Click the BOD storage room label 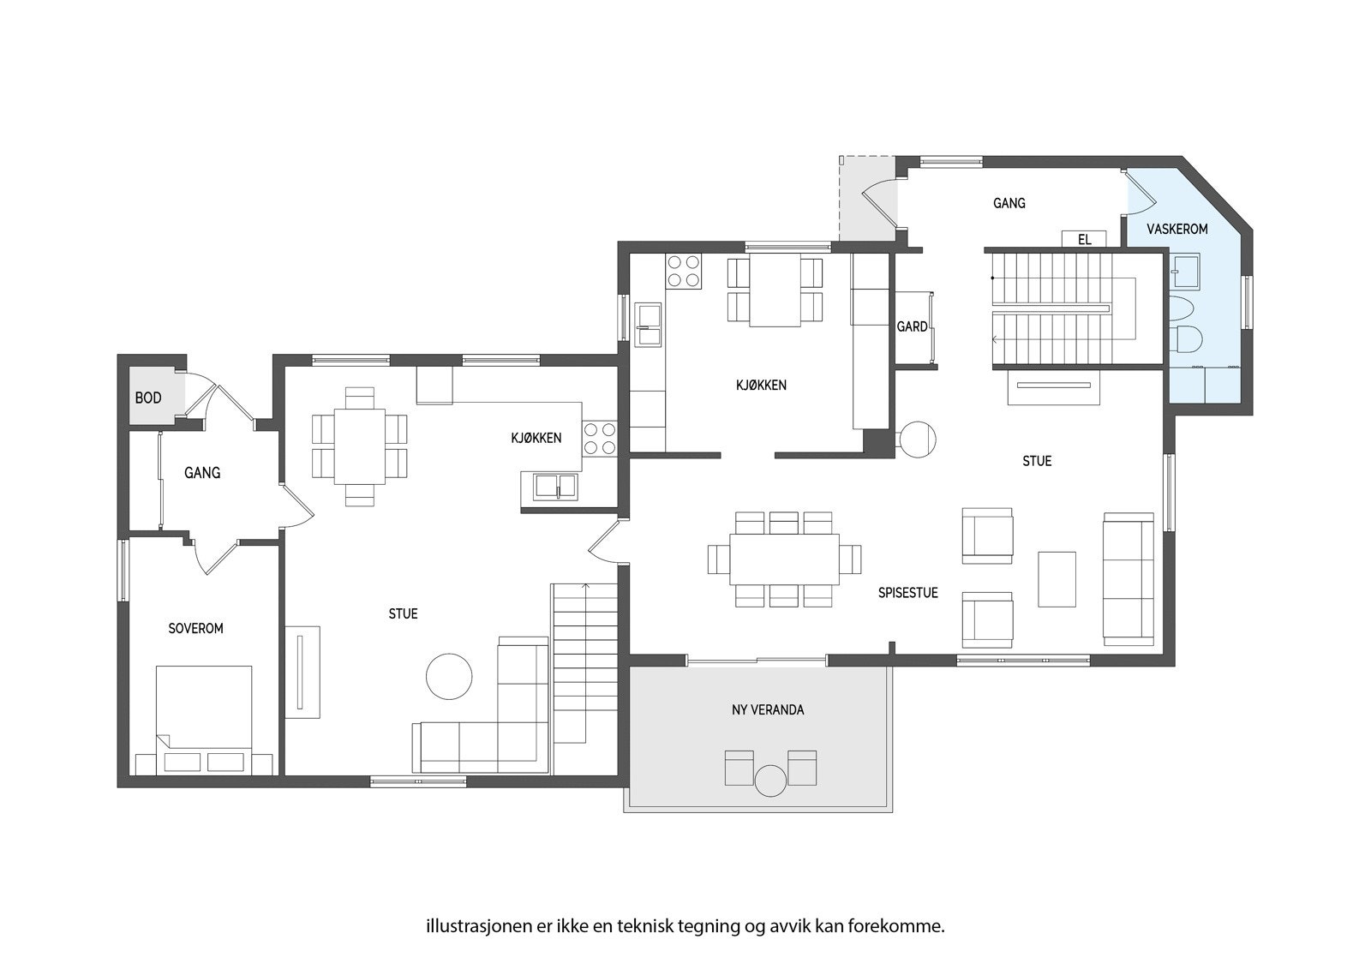point(148,398)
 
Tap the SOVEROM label point(195,628)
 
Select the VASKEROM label point(1176,230)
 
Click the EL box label point(1085,240)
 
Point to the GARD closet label point(912,326)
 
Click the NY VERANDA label point(768,709)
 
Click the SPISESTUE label point(907,592)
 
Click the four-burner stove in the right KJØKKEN point(683,271)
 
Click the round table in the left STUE point(449,676)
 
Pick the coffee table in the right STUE point(1057,579)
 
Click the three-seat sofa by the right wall point(1128,578)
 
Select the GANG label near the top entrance point(1009,203)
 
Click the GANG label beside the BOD point(202,472)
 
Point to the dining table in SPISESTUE point(784,559)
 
